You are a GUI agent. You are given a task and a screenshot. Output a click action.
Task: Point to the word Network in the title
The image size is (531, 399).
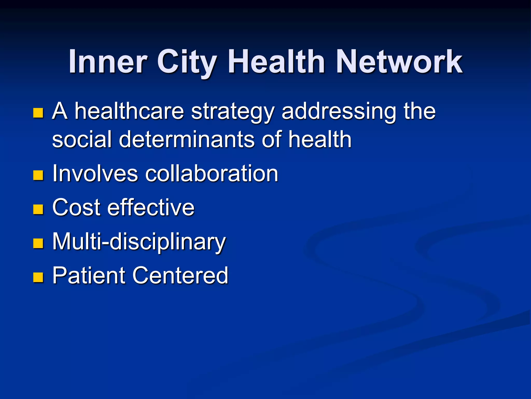[x=399, y=62]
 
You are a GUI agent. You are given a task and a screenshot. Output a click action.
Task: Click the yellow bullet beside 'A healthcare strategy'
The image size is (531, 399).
[x=38, y=113]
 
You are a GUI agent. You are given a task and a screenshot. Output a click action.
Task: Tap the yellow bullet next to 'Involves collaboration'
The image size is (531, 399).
[x=38, y=175]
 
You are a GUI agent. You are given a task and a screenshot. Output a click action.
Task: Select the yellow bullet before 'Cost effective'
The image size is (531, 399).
[x=38, y=209]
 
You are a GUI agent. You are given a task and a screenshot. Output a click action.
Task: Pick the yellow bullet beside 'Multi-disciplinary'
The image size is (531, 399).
[x=38, y=243]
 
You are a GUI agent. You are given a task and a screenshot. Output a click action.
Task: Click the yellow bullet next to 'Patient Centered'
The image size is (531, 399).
[x=38, y=277]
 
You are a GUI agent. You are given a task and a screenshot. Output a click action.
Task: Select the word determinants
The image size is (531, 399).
[x=187, y=139]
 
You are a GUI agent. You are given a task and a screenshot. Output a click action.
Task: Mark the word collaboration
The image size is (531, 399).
[x=212, y=173]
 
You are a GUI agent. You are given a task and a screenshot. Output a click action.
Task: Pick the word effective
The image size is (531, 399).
[x=151, y=207]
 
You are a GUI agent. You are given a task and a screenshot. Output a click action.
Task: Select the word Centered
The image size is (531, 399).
[x=180, y=275]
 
